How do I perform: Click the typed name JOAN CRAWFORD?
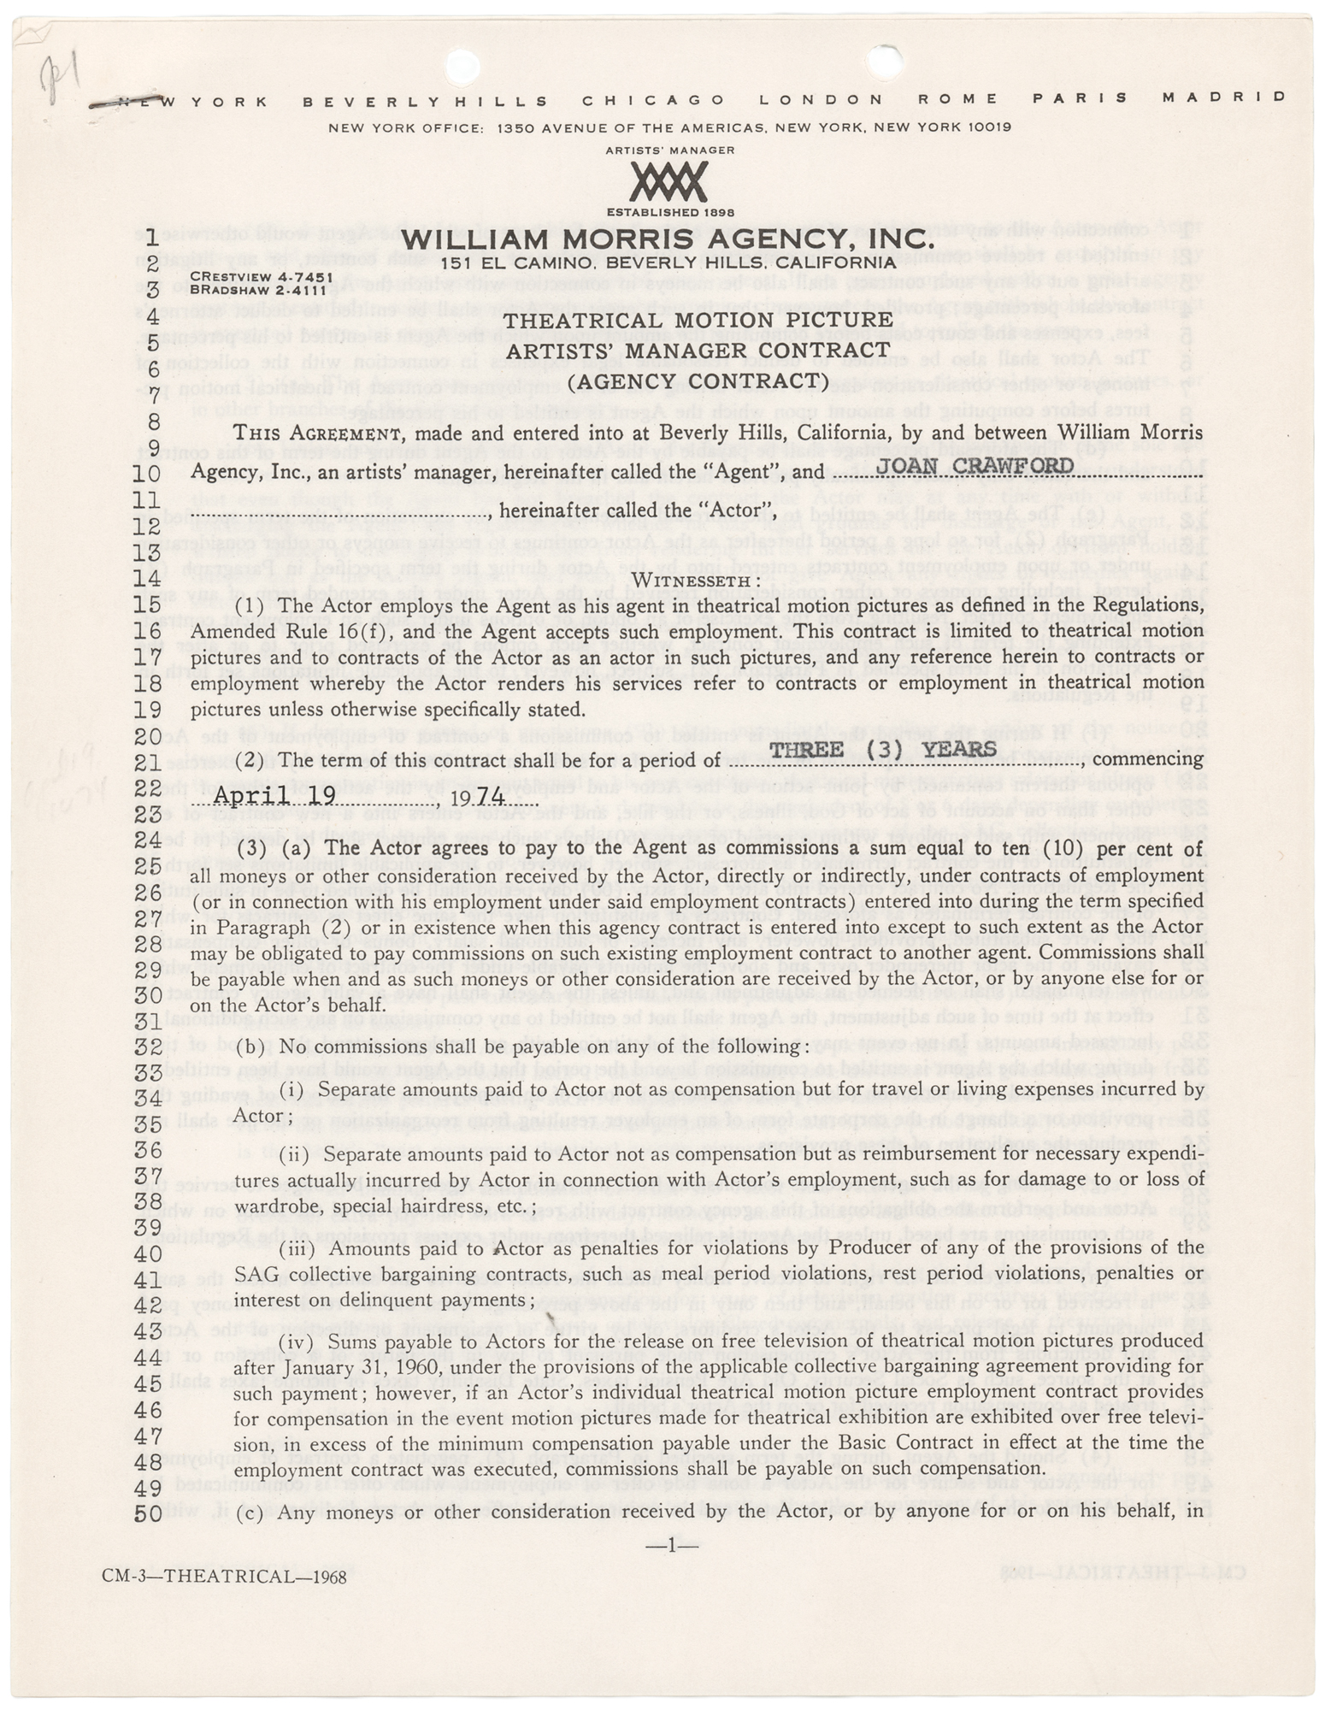976,467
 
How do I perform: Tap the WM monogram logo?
668,182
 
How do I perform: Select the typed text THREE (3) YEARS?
883,750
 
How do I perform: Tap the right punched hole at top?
885,60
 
